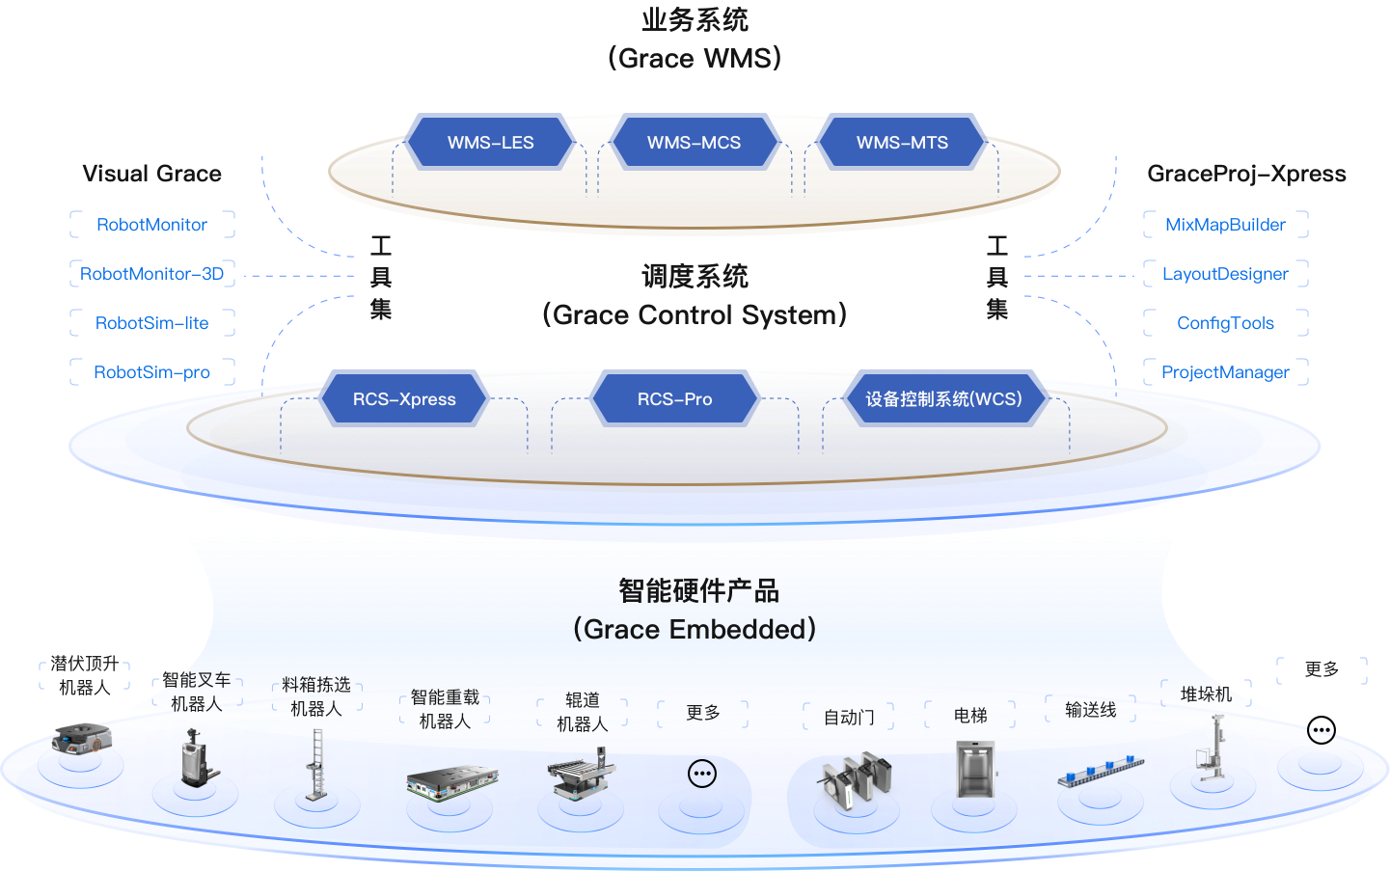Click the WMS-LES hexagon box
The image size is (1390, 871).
[490, 142]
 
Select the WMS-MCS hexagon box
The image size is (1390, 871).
[694, 142]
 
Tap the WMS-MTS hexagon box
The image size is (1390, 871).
[902, 142]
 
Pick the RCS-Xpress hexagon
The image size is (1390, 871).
[404, 398]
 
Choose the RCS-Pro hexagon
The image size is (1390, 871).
[674, 398]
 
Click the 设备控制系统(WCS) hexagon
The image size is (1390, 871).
[944, 398]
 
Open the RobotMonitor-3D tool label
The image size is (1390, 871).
[152, 274]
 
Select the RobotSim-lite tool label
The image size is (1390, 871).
[152, 322]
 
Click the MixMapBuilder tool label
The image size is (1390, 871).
[1226, 225]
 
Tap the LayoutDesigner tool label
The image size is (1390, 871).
[1226, 274]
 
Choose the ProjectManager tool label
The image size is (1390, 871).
[1226, 372]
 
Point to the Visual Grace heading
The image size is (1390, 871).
[152, 174]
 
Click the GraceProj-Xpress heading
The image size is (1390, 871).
[1246, 174]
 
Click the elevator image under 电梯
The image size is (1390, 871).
[975, 770]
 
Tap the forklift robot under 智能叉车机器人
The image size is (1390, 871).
[198, 758]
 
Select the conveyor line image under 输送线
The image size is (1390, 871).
[1101, 771]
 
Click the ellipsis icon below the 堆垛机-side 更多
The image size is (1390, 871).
[1322, 730]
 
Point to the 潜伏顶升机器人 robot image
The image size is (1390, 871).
[81, 738]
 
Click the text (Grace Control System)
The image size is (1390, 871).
[695, 315]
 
